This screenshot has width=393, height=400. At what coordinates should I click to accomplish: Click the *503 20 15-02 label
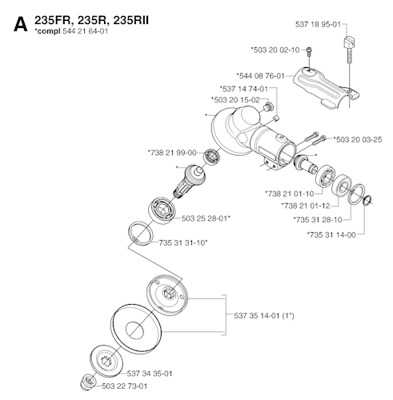point(235,100)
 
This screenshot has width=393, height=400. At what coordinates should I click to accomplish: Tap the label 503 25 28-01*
point(206,217)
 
